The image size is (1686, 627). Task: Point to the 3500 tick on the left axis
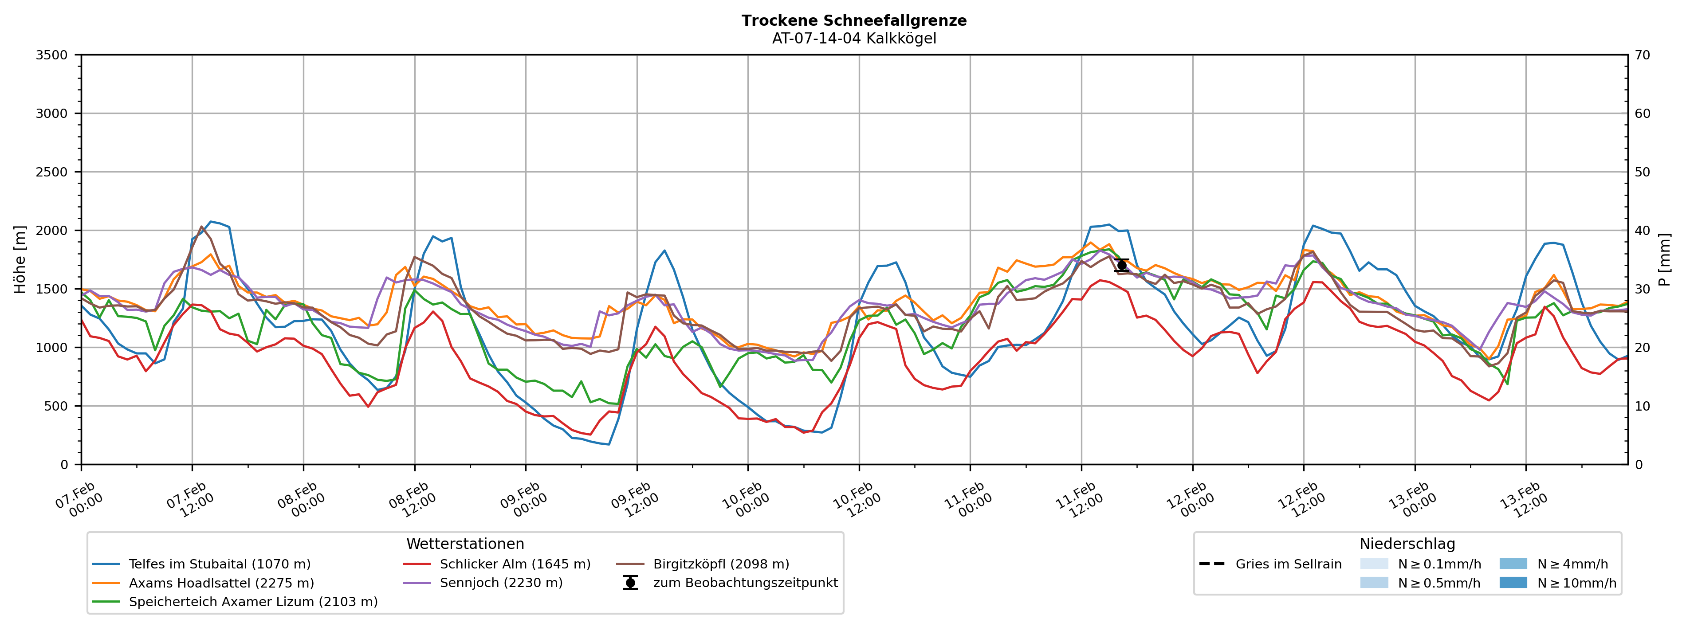click(x=52, y=55)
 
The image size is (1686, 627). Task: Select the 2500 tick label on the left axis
click(x=52, y=172)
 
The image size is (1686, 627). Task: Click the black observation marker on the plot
click(x=1121, y=265)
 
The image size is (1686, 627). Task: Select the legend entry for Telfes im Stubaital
click(x=219, y=564)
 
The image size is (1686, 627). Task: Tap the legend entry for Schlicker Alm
click(x=515, y=564)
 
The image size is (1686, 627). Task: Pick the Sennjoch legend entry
click(x=501, y=583)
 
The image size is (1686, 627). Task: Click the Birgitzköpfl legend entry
click(x=721, y=564)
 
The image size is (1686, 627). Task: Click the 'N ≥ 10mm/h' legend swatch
click(x=1513, y=583)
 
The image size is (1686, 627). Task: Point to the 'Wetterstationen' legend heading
click(x=465, y=544)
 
